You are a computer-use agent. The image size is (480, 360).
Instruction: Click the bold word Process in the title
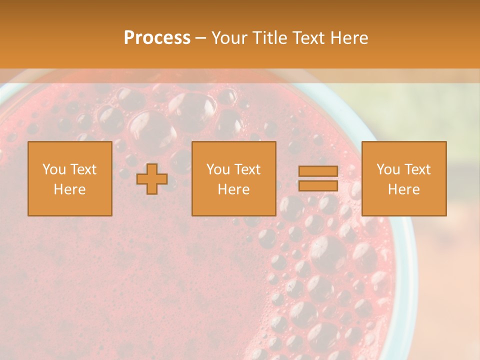coord(157,38)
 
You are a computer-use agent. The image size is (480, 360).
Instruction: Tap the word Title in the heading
coord(268,38)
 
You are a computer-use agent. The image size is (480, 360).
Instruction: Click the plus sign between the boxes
coord(152,179)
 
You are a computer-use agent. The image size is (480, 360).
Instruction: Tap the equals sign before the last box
coord(318,178)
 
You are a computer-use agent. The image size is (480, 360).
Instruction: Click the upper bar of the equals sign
coord(318,171)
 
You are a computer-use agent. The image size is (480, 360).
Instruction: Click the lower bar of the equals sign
coord(318,185)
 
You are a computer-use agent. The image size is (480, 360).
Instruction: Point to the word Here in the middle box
coord(233,189)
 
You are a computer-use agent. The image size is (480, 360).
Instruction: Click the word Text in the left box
coord(83,169)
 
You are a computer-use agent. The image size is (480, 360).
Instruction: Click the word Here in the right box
coord(403,189)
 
